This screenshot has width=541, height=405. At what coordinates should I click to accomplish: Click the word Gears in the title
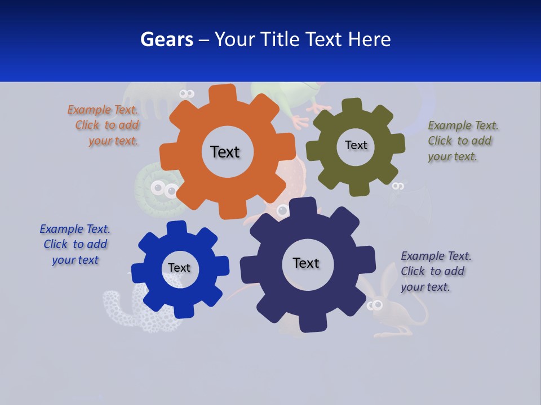click(167, 39)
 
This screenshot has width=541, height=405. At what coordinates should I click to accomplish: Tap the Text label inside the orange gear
click(225, 152)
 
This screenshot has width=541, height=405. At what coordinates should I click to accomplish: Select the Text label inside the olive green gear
click(356, 145)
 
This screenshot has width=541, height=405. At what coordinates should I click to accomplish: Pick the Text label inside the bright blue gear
click(179, 268)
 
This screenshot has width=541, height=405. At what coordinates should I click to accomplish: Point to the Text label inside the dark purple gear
click(306, 263)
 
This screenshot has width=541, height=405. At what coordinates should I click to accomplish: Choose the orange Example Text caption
click(103, 125)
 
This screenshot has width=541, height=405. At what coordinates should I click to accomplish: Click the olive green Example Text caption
click(463, 141)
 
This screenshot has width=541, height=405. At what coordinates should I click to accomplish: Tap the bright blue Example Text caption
click(75, 245)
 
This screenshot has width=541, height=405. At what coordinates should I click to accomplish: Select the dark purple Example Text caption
click(436, 271)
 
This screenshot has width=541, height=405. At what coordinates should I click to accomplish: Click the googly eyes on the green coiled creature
click(164, 189)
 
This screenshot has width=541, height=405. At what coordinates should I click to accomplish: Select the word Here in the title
click(369, 39)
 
